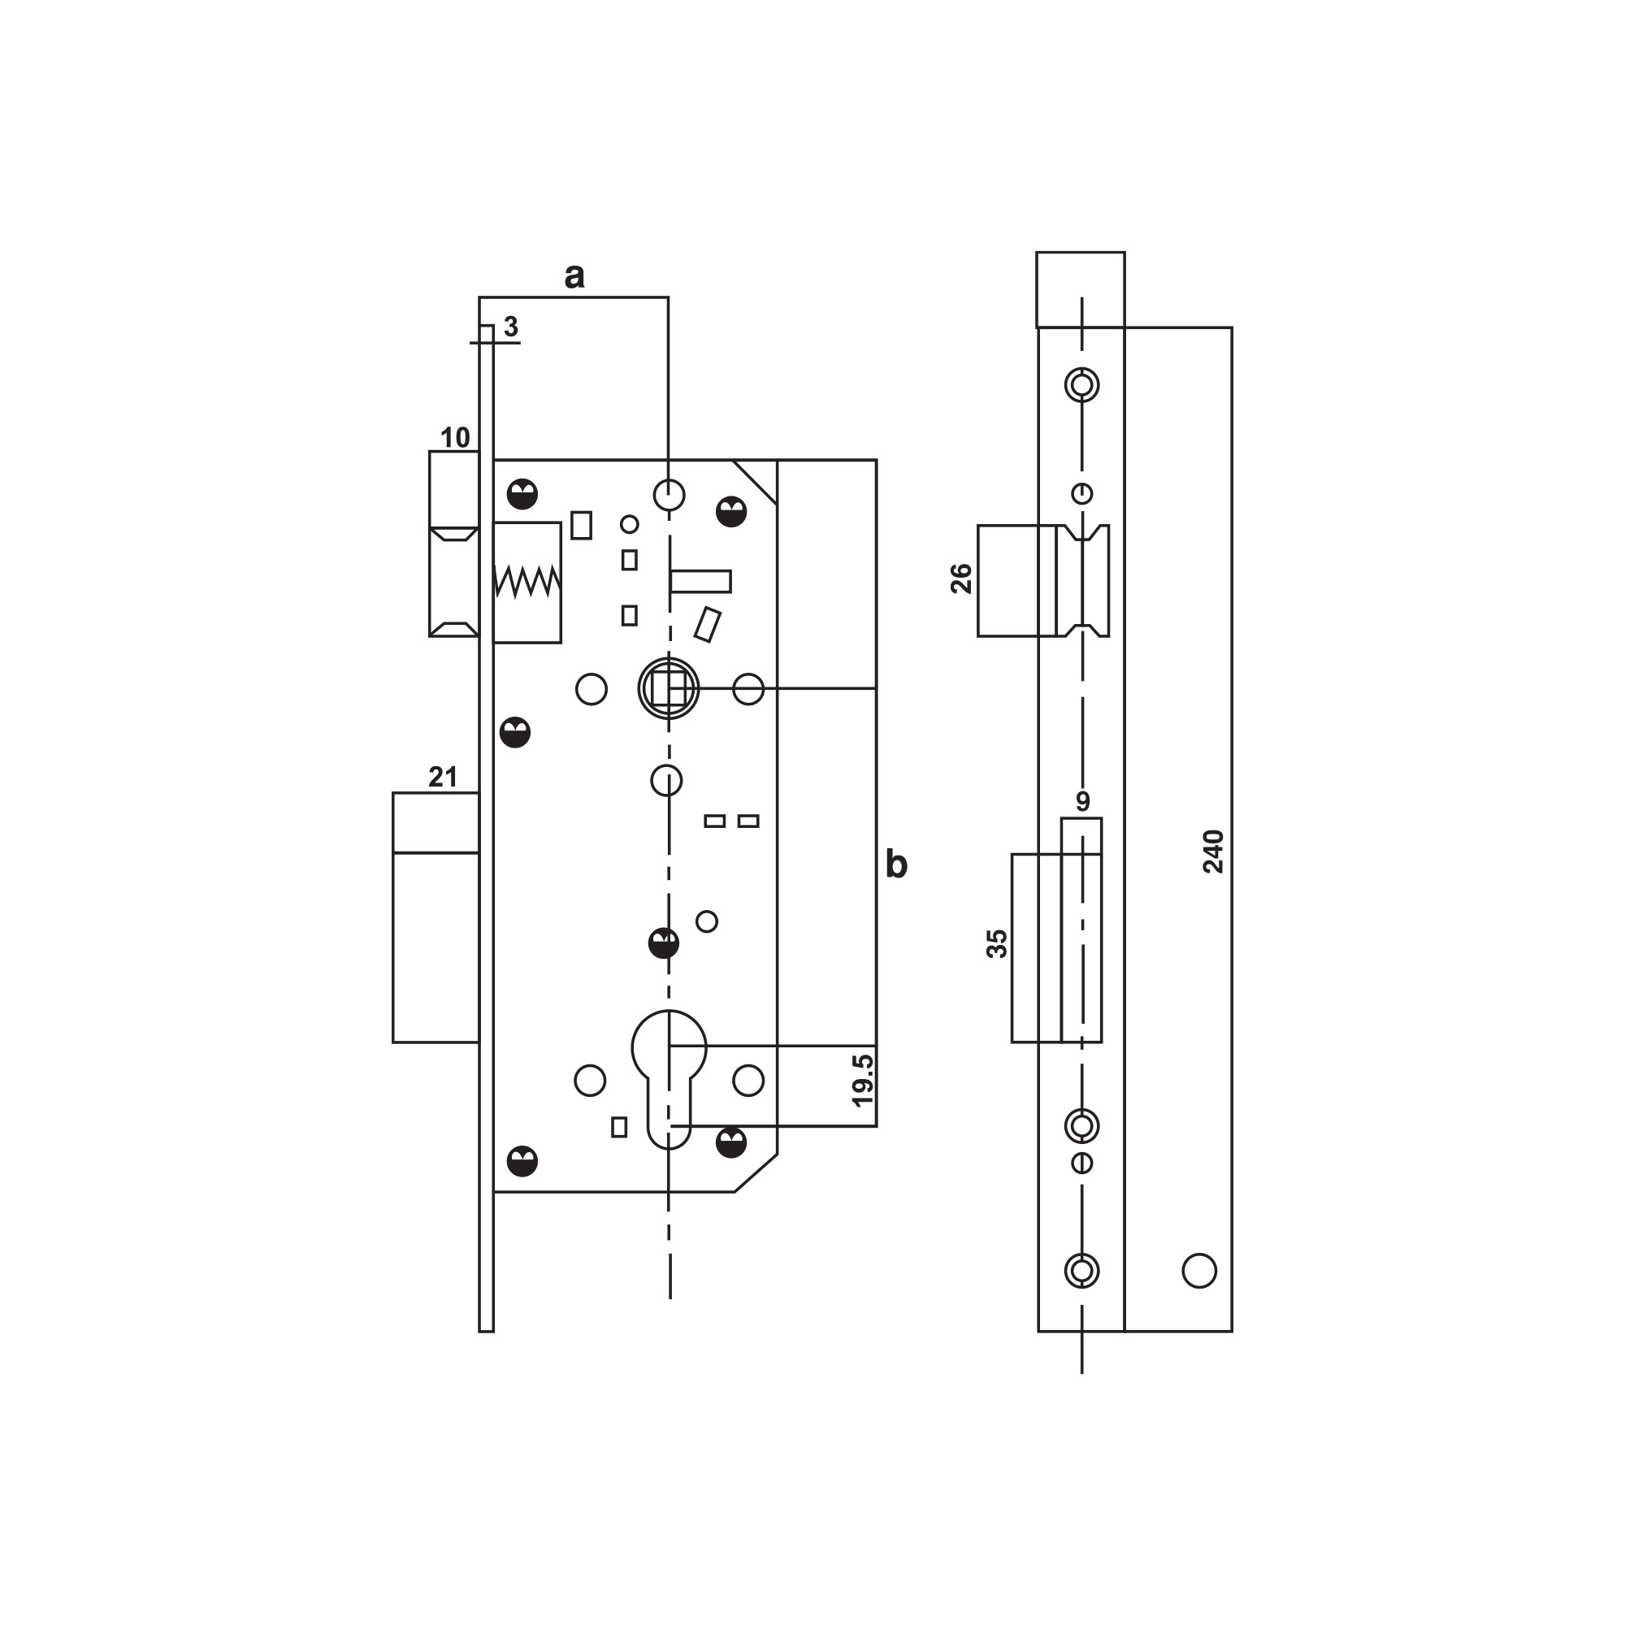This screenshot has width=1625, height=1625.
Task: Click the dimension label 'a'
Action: click(574, 276)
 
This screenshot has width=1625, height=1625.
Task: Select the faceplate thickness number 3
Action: click(511, 327)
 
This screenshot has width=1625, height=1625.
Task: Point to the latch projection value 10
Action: click(455, 437)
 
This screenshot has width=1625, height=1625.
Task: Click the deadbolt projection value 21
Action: click(444, 776)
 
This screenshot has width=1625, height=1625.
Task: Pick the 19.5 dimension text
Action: click(863, 1081)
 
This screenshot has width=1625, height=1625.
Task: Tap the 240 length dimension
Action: click(1214, 851)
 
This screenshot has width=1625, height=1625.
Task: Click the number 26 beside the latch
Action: click(961, 578)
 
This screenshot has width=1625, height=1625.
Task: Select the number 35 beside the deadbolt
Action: click(997, 943)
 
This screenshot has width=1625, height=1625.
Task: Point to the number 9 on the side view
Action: click(1082, 801)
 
